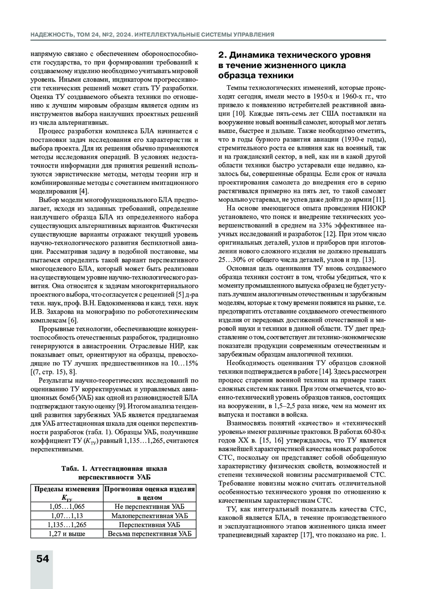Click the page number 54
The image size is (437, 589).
point(43,558)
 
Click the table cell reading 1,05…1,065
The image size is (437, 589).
point(67,507)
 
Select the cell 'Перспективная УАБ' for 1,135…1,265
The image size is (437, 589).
point(149,525)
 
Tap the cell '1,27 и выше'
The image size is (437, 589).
point(67,534)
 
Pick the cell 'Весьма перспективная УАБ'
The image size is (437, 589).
point(149,534)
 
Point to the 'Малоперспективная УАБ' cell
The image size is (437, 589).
point(149,516)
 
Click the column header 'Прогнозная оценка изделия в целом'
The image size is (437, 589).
point(149,493)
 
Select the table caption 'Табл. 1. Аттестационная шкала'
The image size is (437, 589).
point(114,469)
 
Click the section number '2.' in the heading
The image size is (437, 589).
point(223,55)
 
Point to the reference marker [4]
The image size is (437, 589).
point(84,191)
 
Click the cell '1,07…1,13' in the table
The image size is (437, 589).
point(67,516)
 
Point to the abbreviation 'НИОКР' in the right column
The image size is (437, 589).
point(374,208)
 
